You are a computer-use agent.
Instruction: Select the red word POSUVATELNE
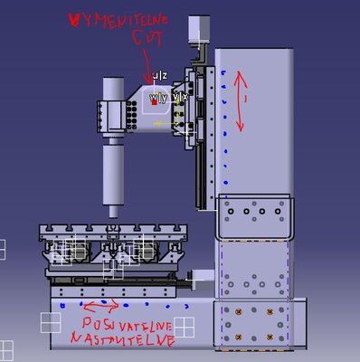pos(125,324)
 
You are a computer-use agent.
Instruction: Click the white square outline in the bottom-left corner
pos(7,348)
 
